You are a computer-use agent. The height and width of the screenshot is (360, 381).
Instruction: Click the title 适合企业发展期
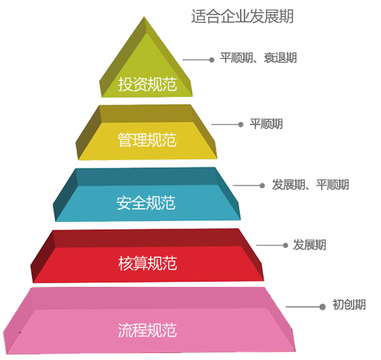tap(242, 16)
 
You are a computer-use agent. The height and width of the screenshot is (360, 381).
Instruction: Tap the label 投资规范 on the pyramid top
tap(147, 84)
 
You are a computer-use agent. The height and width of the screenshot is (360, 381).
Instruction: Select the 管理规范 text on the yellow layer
tap(147, 140)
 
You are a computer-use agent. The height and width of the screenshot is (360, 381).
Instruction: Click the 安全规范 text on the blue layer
tap(146, 203)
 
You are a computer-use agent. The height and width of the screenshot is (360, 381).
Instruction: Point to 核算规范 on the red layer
tap(148, 263)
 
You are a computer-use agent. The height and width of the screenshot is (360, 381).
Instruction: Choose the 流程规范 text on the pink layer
tap(147, 330)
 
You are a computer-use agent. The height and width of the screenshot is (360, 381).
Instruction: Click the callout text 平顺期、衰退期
tap(258, 58)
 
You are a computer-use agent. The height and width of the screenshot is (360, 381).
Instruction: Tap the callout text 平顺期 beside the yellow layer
tap(266, 124)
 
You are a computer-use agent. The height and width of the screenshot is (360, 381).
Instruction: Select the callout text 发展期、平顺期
tap(310, 185)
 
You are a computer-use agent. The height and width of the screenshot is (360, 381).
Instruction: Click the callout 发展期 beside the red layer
tap(309, 245)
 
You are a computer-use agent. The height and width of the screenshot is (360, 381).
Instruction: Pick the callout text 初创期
tap(349, 304)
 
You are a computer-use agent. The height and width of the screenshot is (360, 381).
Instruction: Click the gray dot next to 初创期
tap(322, 307)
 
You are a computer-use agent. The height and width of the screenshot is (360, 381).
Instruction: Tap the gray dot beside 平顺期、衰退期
tap(212, 59)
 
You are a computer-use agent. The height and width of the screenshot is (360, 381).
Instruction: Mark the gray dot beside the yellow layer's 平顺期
tap(241, 124)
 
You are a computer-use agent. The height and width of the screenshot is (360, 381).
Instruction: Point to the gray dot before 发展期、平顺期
tap(262, 185)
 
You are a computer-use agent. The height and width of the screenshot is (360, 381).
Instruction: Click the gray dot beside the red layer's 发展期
tap(285, 246)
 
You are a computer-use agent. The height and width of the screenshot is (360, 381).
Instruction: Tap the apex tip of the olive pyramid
tap(144, 18)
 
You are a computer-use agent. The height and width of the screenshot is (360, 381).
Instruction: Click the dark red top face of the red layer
tap(147, 239)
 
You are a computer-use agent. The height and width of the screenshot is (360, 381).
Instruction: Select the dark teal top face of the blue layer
tap(147, 177)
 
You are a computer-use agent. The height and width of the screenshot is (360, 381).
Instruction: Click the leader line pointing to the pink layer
tap(303, 307)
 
